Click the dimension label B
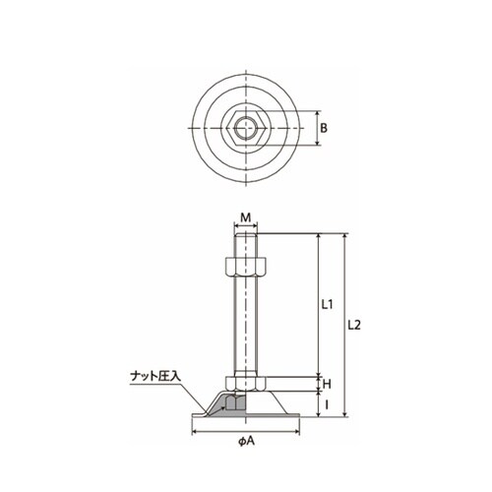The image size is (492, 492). coord(324,128)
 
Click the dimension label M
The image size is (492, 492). coord(245,217)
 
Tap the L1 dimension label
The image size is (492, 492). coord(327,305)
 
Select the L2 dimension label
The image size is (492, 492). coord(354,325)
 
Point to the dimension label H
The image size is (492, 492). coord(327,384)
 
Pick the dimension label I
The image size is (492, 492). coord(327,405)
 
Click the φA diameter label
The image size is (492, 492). coord(246,442)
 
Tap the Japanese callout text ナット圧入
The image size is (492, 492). coord(155,376)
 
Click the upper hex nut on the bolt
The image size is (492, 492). coord(246,268)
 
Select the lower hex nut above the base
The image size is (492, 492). coord(246,384)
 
